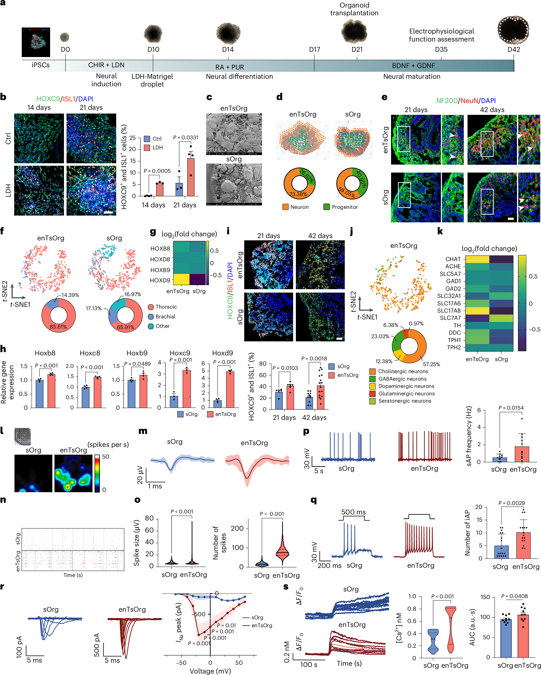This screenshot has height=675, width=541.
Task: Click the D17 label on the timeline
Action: coord(314,50)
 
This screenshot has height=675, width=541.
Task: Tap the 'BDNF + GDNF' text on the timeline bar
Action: coord(413,66)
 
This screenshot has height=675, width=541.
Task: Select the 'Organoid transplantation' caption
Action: coord(354,9)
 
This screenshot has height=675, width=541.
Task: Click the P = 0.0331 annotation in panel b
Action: coord(186,138)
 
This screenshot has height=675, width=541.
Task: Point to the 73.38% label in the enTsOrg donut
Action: coord(298,194)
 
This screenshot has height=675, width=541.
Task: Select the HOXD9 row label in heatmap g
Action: coord(160,280)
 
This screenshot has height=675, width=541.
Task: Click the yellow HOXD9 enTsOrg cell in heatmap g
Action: coord(181,279)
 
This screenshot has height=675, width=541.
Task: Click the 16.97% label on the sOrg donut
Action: coord(132,294)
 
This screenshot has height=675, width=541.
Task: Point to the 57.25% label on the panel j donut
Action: coord(431,364)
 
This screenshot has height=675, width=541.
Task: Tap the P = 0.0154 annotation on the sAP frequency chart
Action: coord(511,408)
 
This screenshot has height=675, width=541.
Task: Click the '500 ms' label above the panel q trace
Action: coord(353,512)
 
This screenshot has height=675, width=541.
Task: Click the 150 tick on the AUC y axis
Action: coord(485,597)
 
